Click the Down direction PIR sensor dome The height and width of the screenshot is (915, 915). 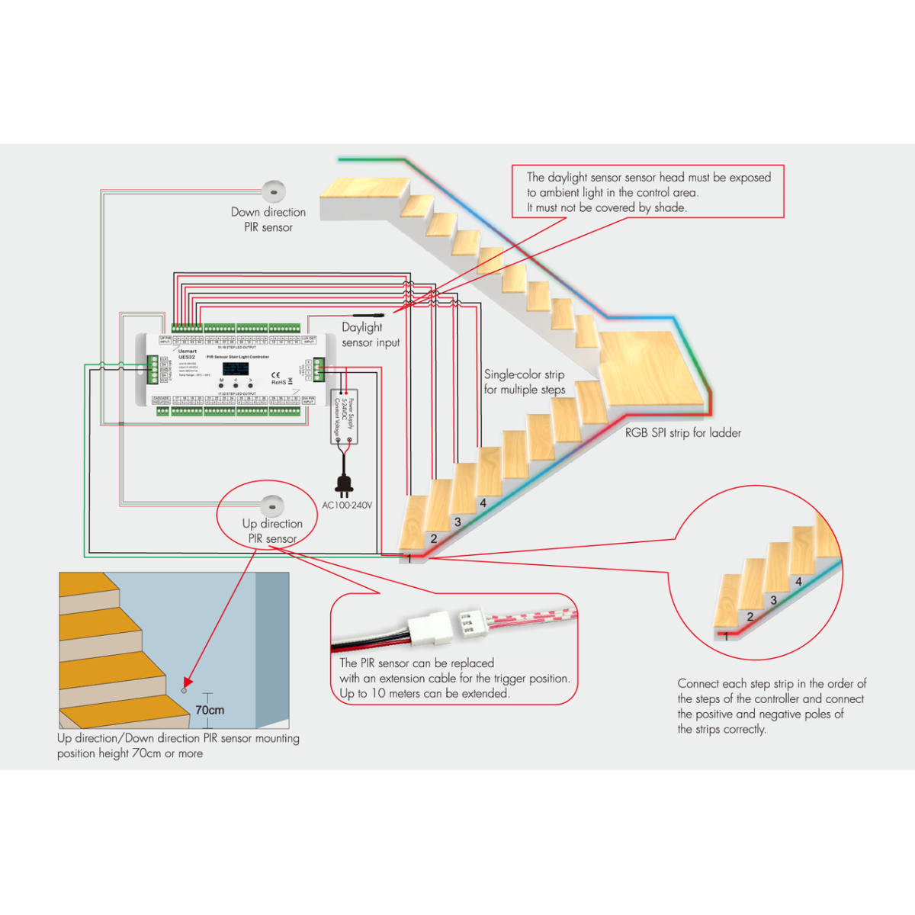coord(274,191)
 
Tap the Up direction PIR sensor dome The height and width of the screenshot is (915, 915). coord(272,505)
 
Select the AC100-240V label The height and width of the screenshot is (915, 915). coord(347,505)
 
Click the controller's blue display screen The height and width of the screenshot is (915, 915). coord(236,368)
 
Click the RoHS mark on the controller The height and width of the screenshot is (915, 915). coord(278,382)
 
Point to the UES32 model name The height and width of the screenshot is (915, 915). coord(187,357)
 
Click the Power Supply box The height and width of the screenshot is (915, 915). coord(344,417)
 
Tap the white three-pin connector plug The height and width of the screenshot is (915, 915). coord(431,628)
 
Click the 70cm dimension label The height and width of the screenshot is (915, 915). coord(210,710)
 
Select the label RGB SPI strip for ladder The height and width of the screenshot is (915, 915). coord(683,433)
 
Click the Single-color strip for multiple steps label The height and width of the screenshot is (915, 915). coord(525,382)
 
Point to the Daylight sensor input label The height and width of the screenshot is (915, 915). coord(370,335)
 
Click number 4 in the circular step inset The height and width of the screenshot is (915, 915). coord(798,581)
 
